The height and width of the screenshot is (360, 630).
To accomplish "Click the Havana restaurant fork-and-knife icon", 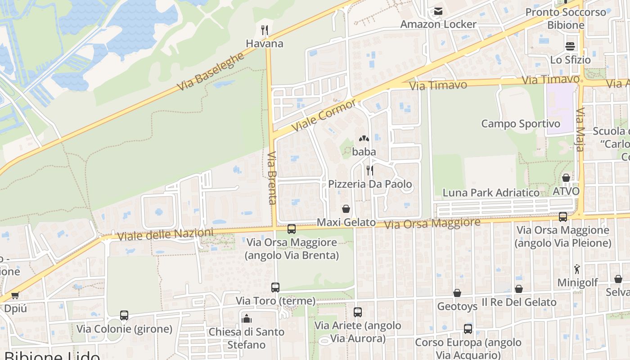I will tap(265, 30).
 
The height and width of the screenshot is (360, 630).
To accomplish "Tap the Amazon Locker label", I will tap(438, 24).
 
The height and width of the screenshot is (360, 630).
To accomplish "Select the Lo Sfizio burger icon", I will tap(570, 46).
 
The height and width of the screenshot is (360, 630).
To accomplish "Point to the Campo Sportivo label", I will tap(521, 124).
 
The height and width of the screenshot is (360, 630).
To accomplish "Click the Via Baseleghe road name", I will tap(210, 72).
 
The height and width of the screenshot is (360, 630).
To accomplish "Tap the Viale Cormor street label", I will tap(324, 115).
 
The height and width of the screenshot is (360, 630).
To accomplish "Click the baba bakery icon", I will tap(364, 139).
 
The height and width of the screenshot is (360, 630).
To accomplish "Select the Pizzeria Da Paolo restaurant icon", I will tap(369, 170).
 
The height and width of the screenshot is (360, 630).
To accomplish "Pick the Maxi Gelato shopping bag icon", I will tap(346, 209).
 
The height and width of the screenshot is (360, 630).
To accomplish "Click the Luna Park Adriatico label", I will tap(491, 193).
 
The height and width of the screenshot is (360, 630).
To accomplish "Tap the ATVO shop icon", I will tap(566, 178).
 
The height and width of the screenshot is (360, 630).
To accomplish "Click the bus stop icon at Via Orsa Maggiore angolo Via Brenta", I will tap(292, 229).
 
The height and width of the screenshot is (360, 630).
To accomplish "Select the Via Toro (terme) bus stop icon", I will tap(275, 287).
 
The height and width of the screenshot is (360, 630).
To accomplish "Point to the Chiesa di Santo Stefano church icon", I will tap(246, 319).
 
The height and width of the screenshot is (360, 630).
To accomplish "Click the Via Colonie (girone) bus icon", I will tap(124, 315).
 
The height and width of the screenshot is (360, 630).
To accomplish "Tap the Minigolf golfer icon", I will tap(577, 269).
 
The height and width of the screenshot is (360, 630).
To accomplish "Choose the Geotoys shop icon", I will tap(457, 293).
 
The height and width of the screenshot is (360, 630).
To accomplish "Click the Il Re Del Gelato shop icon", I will tap(519, 289).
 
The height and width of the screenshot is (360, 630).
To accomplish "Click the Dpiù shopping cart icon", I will tap(15, 296).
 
